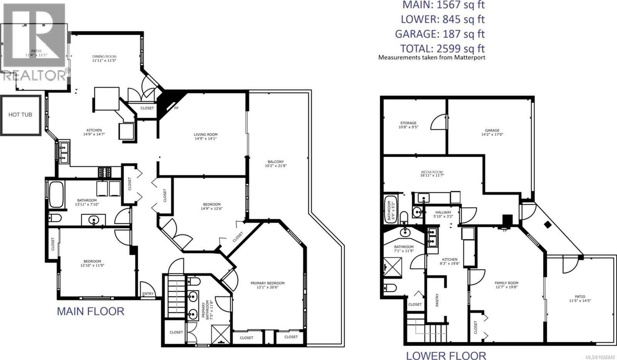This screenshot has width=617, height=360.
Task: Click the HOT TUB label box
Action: [x=20, y=115]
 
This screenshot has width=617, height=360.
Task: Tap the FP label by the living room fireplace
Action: [x=176, y=108]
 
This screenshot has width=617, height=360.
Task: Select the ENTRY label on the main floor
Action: [x=148, y=294]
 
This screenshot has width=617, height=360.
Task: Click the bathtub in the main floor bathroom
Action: [x=56, y=195]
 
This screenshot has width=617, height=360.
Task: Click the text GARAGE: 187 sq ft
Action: [x=440, y=34]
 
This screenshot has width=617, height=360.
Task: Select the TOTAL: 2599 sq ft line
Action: [x=442, y=49]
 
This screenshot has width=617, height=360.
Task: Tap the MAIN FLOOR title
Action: [x=91, y=311]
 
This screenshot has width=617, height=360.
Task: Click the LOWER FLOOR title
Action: [x=446, y=355]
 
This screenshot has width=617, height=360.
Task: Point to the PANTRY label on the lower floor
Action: [x=437, y=300]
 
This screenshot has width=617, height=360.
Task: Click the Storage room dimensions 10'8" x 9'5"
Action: [x=408, y=127]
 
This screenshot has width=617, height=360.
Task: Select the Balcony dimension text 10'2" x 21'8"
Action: [x=276, y=166]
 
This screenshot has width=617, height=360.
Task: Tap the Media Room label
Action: [x=432, y=172]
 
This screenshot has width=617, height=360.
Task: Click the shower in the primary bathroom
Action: [x=221, y=334]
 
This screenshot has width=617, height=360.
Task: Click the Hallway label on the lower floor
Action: [x=443, y=212]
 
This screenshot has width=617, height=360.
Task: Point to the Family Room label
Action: [x=506, y=283]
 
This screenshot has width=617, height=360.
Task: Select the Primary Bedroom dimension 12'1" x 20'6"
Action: [x=267, y=287]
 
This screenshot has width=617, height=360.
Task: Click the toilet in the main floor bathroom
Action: [x=55, y=218]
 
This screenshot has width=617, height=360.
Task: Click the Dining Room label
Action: [x=104, y=56]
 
